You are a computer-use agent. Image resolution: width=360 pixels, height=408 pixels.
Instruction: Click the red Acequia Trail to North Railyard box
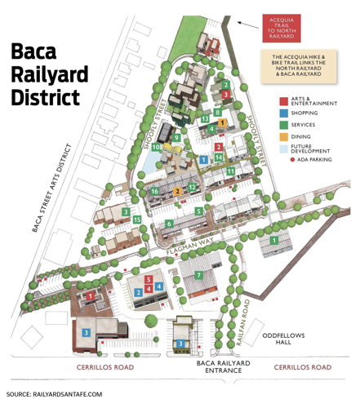[282, 28]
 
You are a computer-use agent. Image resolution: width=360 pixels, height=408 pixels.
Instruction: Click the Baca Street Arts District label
[54, 188]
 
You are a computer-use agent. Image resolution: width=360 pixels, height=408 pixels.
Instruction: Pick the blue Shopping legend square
[282, 113]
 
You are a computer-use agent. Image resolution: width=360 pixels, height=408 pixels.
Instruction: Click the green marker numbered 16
[154, 191]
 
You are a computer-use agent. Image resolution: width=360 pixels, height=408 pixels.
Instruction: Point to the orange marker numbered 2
[177, 191]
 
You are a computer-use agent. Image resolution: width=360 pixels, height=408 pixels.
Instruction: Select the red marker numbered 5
[149, 281]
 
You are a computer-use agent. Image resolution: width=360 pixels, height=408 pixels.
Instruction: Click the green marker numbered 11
[231, 171]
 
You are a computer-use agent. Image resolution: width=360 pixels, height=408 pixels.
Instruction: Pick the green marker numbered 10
[155, 147]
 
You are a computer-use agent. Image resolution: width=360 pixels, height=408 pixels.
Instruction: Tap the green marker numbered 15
[137, 220]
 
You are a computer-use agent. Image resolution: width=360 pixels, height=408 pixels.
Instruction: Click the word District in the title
[46, 97]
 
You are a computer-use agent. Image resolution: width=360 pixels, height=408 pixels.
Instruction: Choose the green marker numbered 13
[205, 119]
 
